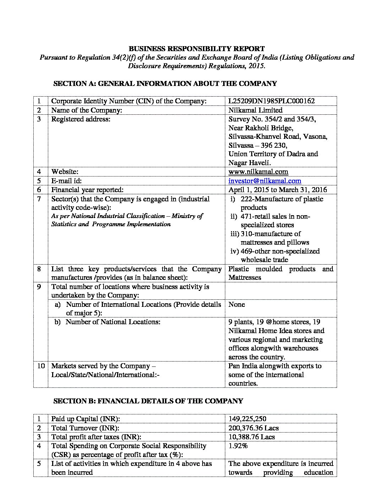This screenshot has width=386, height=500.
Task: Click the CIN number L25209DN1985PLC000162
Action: (x=271, y=101)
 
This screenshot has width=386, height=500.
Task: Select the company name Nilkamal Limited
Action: (x=255, y=110)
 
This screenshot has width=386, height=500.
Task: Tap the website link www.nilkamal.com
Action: (x=258, y=172)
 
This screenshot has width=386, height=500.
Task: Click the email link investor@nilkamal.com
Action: (x=265, y=181)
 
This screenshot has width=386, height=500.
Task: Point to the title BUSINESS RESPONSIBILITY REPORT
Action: (x=196, y=49)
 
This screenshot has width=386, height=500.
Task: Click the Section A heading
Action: (x=165, y=84)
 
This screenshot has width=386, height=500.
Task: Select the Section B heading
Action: (x=148, y=401)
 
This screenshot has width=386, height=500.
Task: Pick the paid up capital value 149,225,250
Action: (x=247, y=419)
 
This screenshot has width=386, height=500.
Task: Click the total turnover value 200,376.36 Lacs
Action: (x=252, y=428)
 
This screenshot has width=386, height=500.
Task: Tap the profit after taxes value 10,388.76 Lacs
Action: (x=252, y=437)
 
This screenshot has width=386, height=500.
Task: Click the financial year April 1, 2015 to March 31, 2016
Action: (x=278, y=190)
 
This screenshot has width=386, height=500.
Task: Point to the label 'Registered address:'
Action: (x=81, y=119)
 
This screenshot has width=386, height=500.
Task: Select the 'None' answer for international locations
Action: (x=237, y=305)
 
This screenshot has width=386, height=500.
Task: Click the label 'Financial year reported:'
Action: (x=87, y=190)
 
